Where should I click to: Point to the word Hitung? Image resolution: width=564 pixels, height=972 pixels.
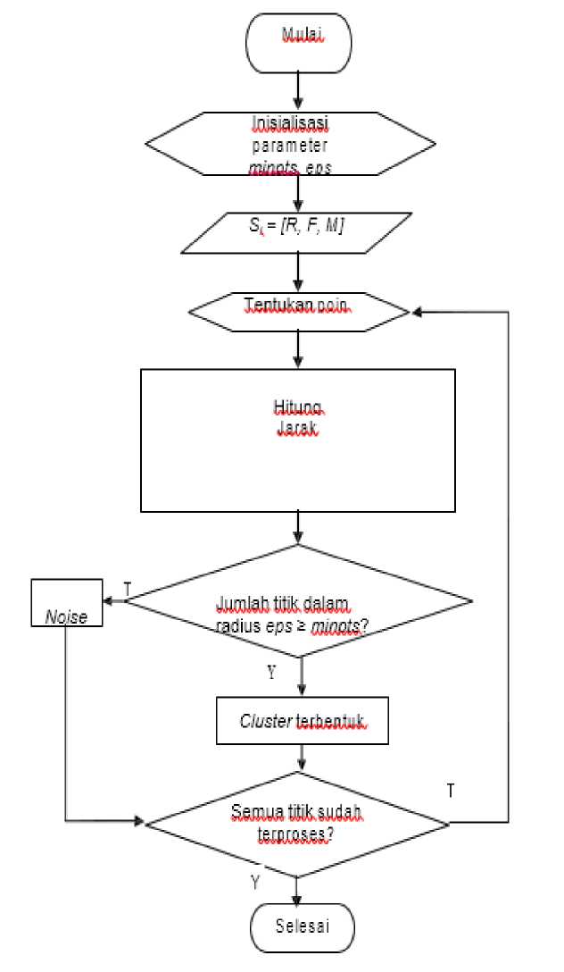[297, 409]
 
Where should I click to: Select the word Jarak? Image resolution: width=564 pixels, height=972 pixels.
[297, 431]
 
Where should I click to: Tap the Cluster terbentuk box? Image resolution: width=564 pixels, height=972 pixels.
[302, 720]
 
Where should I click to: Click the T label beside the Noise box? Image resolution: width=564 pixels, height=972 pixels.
[127, 590]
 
